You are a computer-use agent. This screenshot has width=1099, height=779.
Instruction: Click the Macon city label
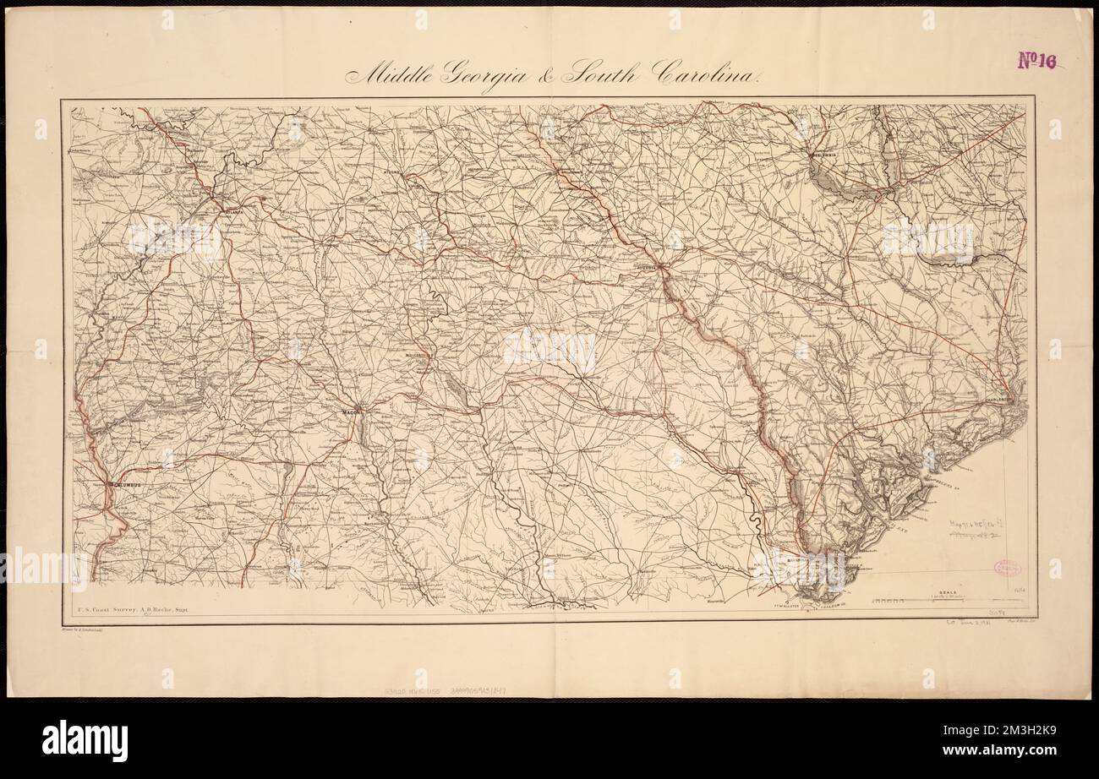(352, 411)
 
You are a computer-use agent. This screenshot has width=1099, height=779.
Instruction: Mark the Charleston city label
(1003, 400)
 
